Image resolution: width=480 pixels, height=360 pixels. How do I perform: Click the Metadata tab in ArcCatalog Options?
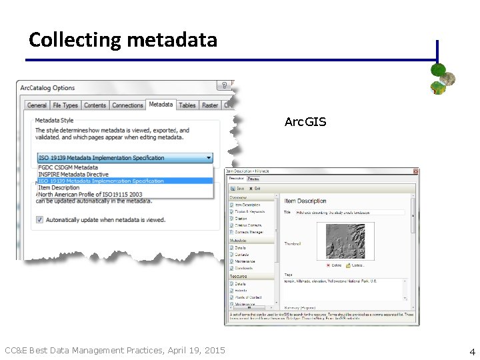pos(161,104)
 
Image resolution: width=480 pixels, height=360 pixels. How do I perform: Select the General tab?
pos(37,105)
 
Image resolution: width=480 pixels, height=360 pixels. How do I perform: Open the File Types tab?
pos(65,105)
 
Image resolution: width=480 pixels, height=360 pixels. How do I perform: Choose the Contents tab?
pos(95,105)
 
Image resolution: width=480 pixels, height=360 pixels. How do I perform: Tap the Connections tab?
pos(127,105)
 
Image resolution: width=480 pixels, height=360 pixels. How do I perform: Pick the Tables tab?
pos(187,105)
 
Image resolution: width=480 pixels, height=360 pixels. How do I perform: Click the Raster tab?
pos(210,105)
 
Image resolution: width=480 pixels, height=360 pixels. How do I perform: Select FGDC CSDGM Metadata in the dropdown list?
pos(68,167)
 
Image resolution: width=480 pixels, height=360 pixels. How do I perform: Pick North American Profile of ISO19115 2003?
pos(90,195)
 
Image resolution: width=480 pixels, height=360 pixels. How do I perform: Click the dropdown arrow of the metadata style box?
pos(209,158)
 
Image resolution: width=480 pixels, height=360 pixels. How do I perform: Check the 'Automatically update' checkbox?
pos(40,219)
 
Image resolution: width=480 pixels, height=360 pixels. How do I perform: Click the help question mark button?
pos(225,86)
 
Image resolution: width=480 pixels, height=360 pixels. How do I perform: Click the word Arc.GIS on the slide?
pos(305,122)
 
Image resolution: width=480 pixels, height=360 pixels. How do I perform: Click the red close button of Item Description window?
pos(415,171)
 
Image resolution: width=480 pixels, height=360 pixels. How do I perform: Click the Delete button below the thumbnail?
pos(333,265)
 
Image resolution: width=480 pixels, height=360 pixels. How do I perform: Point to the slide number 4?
pos(471,351)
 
